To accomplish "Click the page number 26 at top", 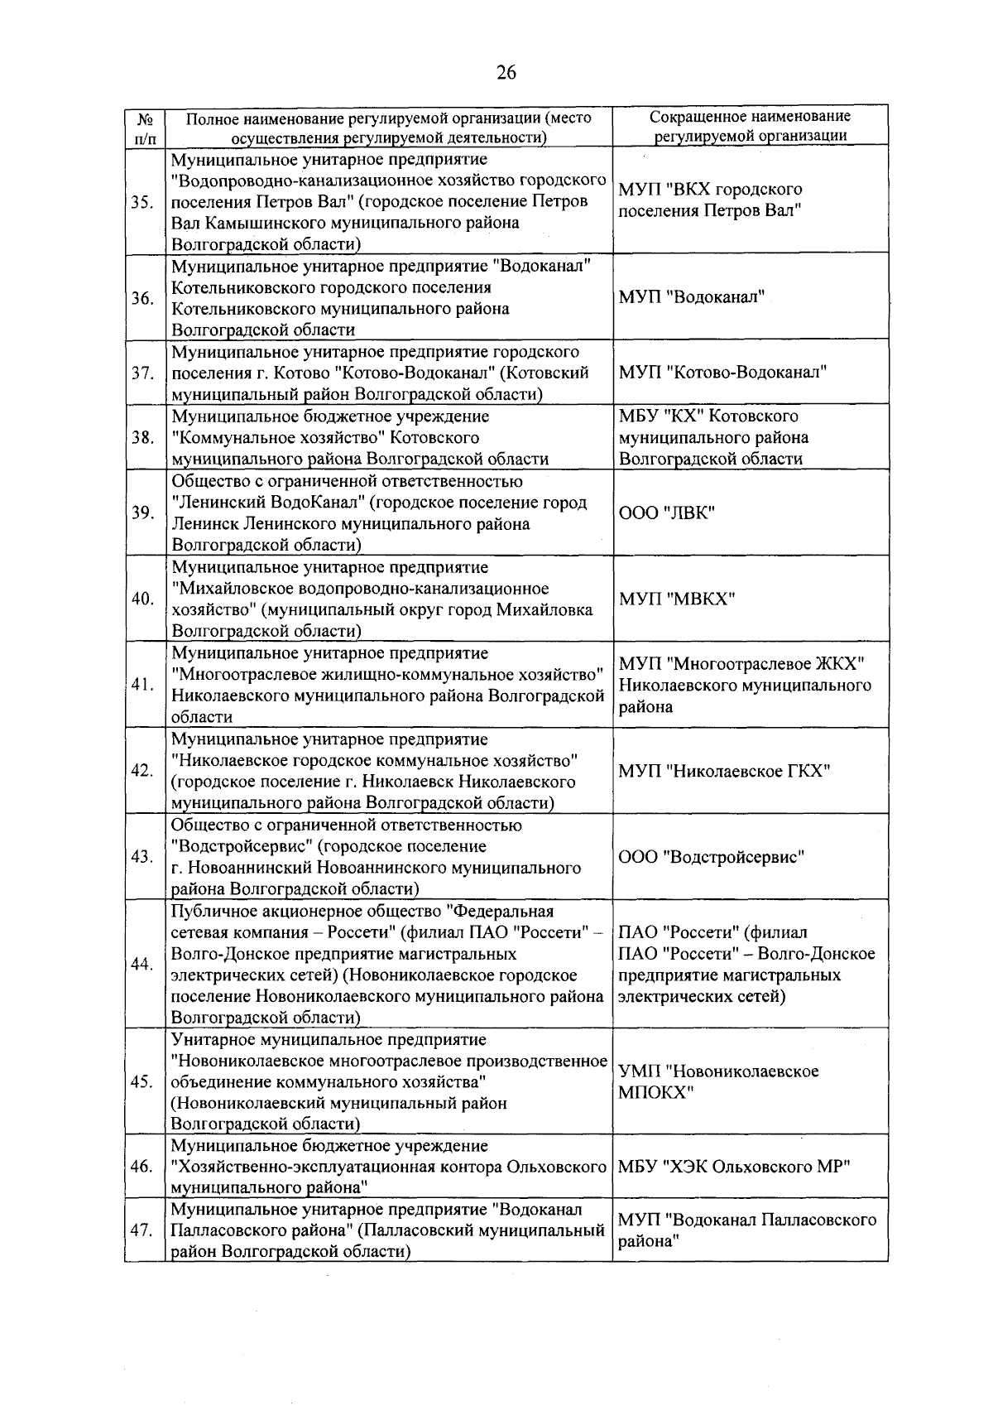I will tap(506, 73).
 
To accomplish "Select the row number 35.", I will tap(142, 201).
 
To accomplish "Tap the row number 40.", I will tap(142, 599).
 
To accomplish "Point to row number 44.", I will tap(142, 964).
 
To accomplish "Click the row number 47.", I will tap(142, 1230).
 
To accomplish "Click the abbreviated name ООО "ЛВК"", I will tap(666, 513).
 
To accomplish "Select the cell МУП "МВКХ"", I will tap(677, 599).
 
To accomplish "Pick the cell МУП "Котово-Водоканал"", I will tap(722, 373).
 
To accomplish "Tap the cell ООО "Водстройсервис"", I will tap(712, 857).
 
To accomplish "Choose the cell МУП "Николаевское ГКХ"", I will tap(724, 771).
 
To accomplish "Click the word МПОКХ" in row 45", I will tap(656, 1092).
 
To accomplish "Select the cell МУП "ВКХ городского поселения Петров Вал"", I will tap(710, 200).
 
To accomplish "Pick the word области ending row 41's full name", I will tap(202, 717).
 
